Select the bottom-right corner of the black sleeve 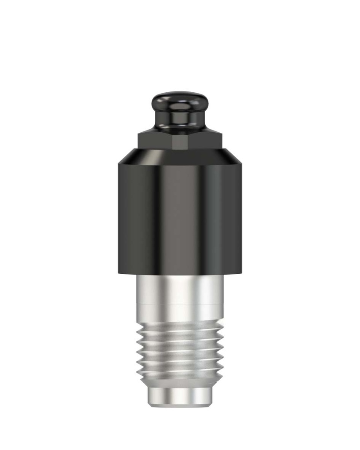pyautogui.click(x=242, y=273)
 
